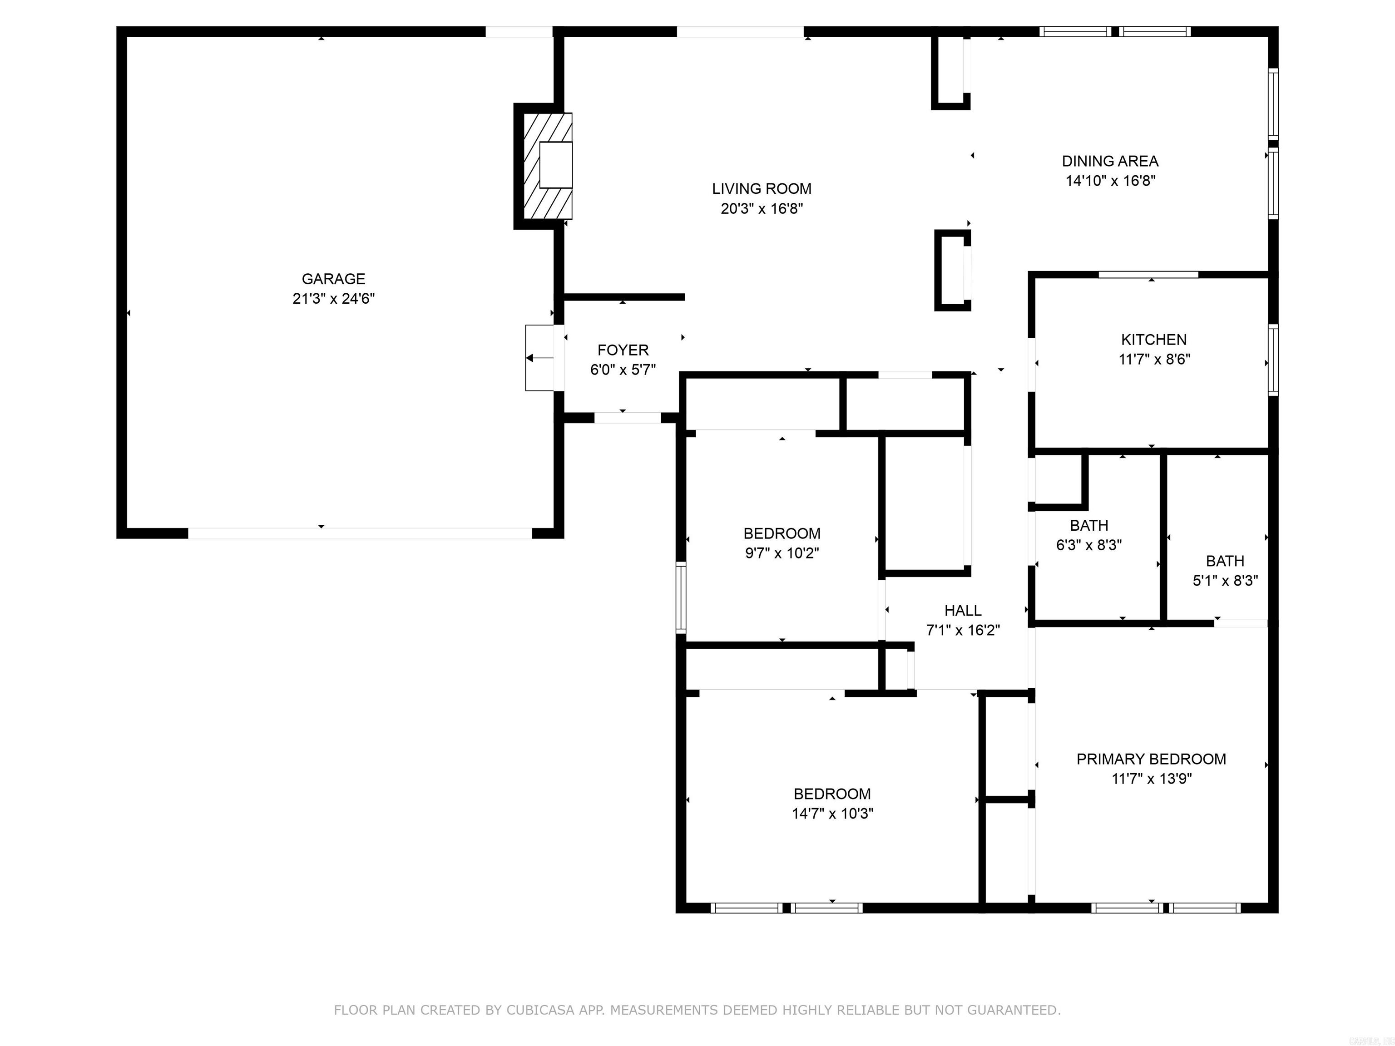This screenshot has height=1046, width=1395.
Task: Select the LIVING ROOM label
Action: pos(761,188)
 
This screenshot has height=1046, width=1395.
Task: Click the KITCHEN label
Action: pos(1153,340)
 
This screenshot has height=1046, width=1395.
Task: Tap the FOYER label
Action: pos(623,350)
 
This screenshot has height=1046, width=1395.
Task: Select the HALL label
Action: pos(962,610)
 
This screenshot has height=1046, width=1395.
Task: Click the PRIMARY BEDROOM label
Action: pos(1151,759)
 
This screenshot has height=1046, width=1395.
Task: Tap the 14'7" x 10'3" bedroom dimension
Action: pos(832,814)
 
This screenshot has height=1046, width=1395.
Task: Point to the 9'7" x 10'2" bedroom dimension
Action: pos(782,553)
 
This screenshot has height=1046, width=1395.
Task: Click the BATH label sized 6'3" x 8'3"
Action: pos(1088,525)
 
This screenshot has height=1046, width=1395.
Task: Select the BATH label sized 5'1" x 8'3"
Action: pos(1225,561)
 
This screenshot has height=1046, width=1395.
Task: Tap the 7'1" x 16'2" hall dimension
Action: pos(962,630)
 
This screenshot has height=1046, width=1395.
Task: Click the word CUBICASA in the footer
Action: pos(540,1010)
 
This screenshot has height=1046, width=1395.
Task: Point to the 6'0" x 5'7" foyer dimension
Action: pos(623,370)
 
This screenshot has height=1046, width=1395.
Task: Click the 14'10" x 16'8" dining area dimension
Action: pos(1110,181)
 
